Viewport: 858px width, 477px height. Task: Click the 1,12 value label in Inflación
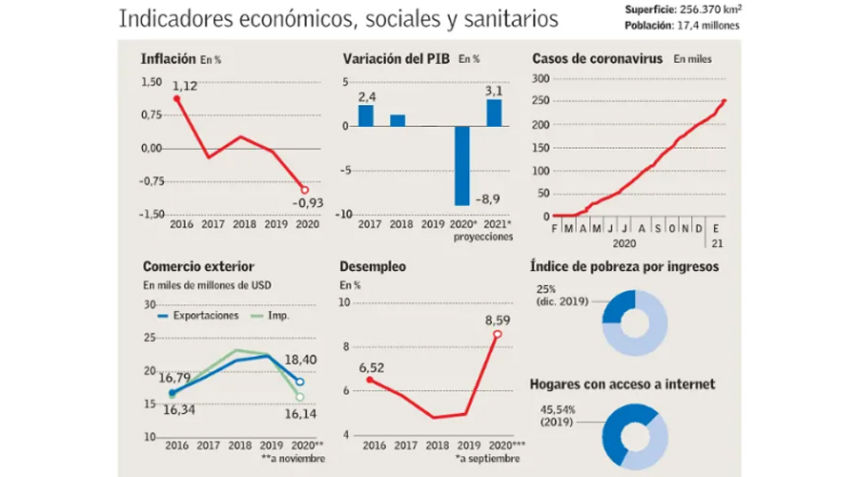pos(185,87)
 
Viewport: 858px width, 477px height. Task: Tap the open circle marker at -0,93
pos(305,189)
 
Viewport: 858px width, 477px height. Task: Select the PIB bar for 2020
pos(462,165)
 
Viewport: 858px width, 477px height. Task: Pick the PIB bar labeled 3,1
pos(494,113)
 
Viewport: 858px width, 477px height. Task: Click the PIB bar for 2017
pos(366,115)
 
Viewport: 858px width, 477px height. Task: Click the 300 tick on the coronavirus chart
pos(541,79)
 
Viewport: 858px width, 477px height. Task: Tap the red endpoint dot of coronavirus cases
pos(725,101)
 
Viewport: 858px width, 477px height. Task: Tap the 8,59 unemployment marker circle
pos(496,334)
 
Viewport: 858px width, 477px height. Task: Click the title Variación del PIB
pos(397,59)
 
